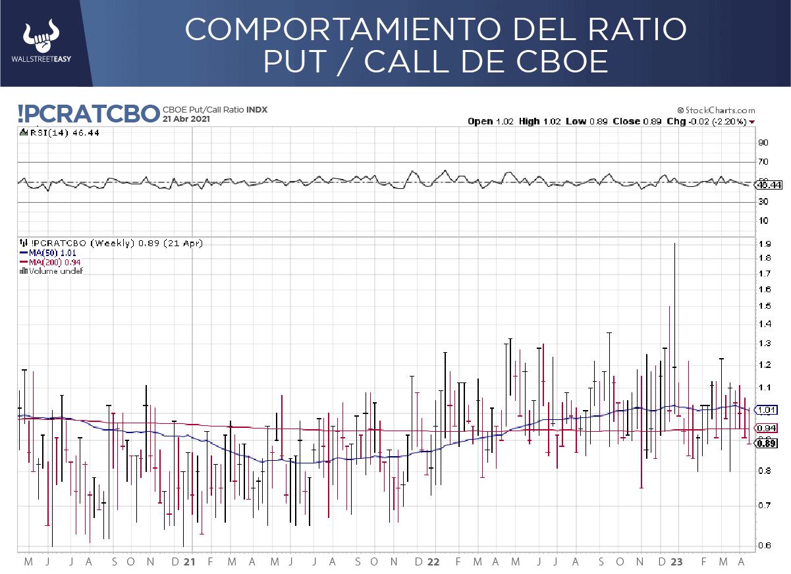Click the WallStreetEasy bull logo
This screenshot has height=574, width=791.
pos(41,38)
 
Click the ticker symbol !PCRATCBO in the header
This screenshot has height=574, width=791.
pos(89,114)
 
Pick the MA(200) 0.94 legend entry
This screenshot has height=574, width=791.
pos(49,261)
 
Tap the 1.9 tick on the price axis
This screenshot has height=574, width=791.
pos(764,244)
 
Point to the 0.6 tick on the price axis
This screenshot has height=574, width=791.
pos(764,545)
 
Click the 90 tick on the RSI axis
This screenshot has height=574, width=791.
pos(764,142)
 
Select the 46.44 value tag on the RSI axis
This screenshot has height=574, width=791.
pos(769,185)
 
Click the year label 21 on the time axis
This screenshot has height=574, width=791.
pos(190,562)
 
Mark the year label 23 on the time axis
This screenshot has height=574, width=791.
pos(676,562)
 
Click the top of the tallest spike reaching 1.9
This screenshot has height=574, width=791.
pos(674,244)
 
